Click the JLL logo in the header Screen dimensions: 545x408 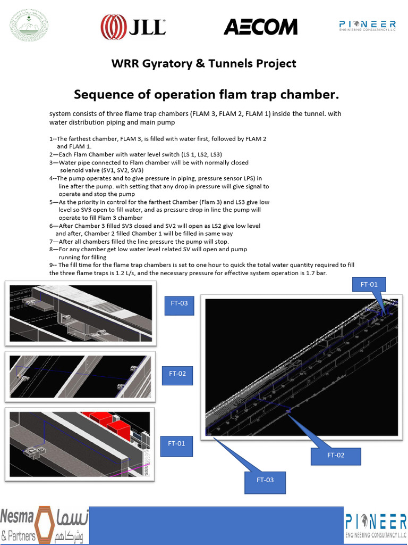pyautogui.click(x=133, y=27)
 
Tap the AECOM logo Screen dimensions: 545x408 pyautogui.click(x=260, y=27)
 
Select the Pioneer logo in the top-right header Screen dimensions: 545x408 pyautogui.click(x=367, y=27)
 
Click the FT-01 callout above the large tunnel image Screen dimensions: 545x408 pyautogui.click(x=369, y=284)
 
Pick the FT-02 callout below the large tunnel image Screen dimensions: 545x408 pyautogui.click(x=336, y=456)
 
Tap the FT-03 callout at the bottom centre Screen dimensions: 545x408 pyautogui.click(x=265, y=480)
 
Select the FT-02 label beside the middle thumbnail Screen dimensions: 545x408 pyautogui.click(x=177, y=374)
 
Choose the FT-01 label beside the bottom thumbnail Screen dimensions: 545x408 pyautogui.click(x=176, y=443)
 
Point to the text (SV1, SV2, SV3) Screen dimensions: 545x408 pyautogui.click(x=121, y=170)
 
